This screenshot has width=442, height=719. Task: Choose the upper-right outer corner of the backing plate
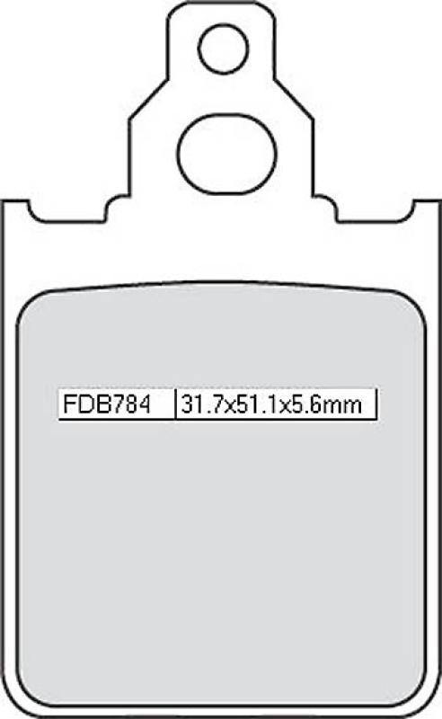pyautogui.click(x=438, y=200)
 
